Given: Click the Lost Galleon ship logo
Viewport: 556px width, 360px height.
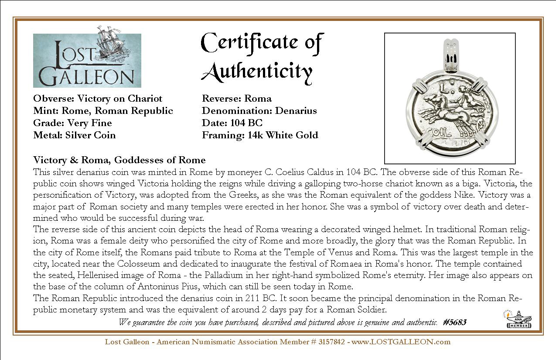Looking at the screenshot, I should (87, 57).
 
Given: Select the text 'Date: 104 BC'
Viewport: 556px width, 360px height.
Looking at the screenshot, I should (232, 123).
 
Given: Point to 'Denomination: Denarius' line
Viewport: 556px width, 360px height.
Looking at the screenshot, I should (259, 111).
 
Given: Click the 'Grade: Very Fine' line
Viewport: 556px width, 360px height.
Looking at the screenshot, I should (72, 123).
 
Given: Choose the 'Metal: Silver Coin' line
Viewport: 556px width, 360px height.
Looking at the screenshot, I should (75, 135).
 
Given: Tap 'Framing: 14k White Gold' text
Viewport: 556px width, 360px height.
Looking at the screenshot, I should (260, 135).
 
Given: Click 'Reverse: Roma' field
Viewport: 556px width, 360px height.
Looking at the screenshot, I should (236, 99).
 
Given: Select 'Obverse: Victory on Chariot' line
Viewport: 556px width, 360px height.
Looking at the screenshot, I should (98, 99).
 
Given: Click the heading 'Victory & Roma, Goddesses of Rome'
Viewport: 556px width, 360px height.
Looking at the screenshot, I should (119, 160).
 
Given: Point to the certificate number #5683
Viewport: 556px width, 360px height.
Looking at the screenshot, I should (454, 322).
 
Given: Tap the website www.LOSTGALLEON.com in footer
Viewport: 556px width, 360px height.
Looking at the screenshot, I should (401, 342).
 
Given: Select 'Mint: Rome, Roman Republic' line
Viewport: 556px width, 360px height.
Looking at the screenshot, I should (103, 111).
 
